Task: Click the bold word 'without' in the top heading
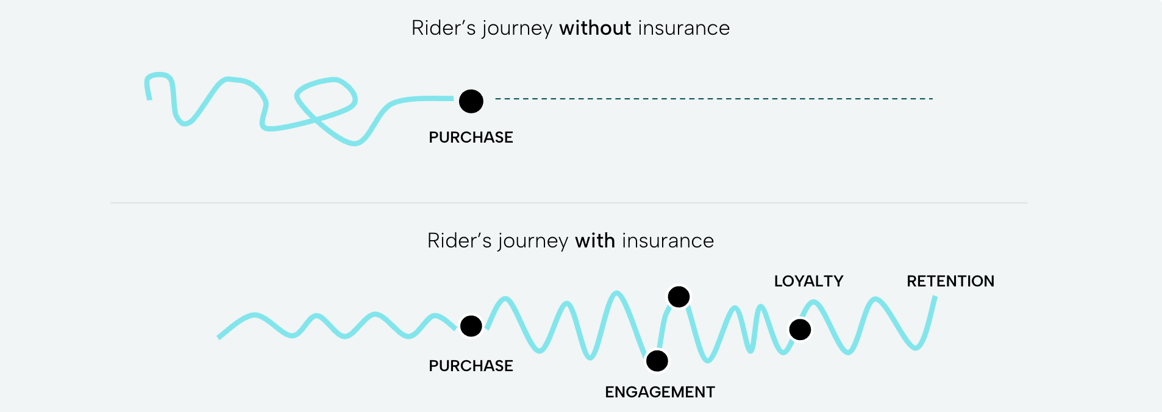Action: [x=595, y=28]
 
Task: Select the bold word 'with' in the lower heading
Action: [x=594, y=241]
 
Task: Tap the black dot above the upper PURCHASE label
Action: [x=471, y=101]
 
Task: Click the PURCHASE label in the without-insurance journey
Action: [x=471, y=137]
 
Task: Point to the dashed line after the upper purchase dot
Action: [x=713, y=99]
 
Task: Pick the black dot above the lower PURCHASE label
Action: [x=471, y=326]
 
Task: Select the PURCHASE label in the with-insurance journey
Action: [x=471, y=366]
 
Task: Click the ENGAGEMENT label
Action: [x=660, y=392]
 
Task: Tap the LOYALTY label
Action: [x=808, y=281]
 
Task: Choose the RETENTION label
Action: [x=950, y=281]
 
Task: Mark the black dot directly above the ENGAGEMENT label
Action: [x=657, y=361]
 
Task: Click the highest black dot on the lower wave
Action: [x=679, y=297]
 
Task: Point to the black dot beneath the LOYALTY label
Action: [x=800, y=330]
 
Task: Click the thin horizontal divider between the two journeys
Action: [x=568, y=202]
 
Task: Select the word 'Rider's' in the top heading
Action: [x=443, y=28]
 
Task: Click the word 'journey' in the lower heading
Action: [x=533, y=241]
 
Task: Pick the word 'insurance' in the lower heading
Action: [x=668, y=241]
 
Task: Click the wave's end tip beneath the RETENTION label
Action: [x=935, y=298]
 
